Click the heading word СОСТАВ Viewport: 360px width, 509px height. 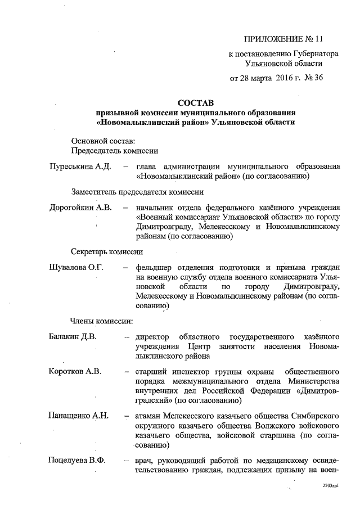[196, 103]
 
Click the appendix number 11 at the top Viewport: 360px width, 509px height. [319, 39]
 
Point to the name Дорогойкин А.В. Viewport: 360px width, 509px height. [80, 207]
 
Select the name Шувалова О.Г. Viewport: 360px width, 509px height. [77, 267]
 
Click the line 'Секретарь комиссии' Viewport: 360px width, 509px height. [107, 251]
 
